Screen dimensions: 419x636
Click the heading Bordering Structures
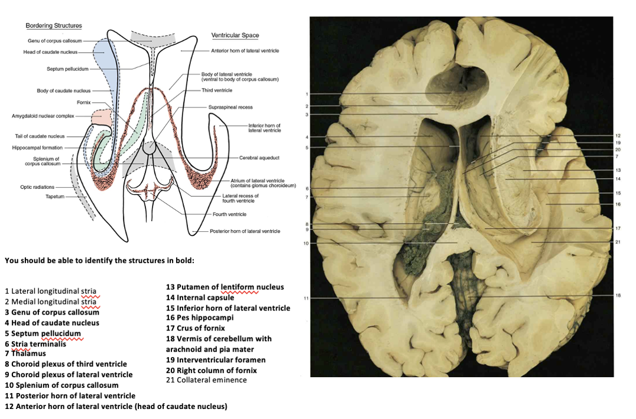click(x=54, y=26)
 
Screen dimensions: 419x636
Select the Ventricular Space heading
click(x=235, y=36)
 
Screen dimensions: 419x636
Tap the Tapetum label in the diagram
click(x=56, y=196)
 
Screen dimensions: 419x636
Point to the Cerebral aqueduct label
click(x=259, y=158)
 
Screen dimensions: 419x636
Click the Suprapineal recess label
click(x=230, y=107)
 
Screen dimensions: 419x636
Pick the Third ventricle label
click(x=217, y=90)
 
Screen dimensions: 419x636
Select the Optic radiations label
click(x=37, y=186)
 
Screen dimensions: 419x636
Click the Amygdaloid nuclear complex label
click(x=43, y=116)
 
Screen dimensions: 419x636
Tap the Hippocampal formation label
click(x=38, y=148)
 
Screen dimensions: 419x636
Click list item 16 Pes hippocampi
click(x=200, y=317)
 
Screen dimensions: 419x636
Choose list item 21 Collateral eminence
click(x=206, y=380)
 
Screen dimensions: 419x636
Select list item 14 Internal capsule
click(x=200, y=297)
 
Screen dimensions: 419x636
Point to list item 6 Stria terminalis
click(x=35, y=343)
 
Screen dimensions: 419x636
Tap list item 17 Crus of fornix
click(x=196, y=328)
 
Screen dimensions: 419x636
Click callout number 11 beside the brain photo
click(x=306, y=298)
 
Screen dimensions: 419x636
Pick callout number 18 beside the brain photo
click(x=618, y=295)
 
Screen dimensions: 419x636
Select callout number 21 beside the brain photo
click(x=618, y=243)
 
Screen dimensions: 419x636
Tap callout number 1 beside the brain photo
click(x=307, y=94)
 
